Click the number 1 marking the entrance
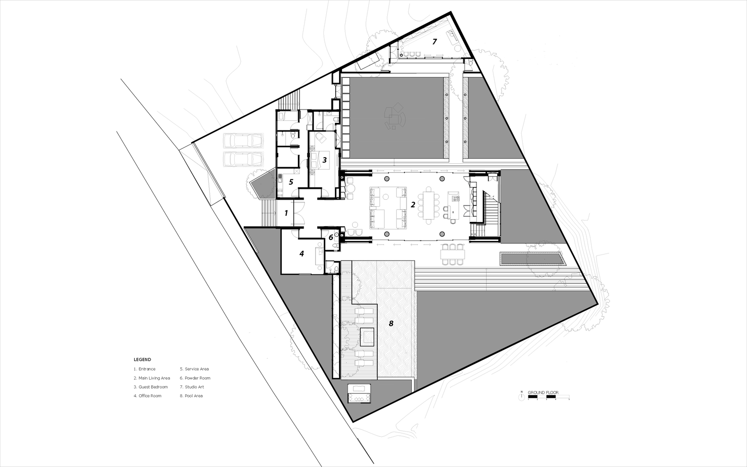click(x=286, y=213)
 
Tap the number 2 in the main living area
click(x=413, y=204)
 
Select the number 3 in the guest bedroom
click(x=324, y=160)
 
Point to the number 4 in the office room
click(x=301, y=254)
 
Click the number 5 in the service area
click(x=291, y=181)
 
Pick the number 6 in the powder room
click(x=331, y=238)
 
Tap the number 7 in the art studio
click(x=434, y=42)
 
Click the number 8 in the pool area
click(x=391, y=323)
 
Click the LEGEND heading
click(x=142, y=359)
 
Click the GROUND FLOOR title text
click(x=543, y=392)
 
